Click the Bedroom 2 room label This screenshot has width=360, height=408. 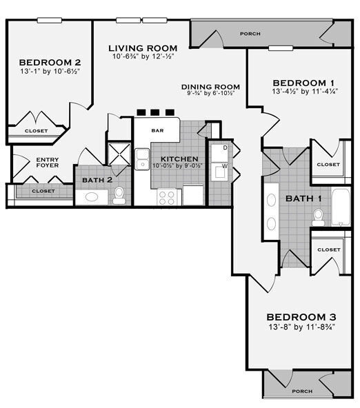click(x=46, y=59)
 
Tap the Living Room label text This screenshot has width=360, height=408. click(x=143, y=48)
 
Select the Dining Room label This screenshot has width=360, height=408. click(x=205, y=87)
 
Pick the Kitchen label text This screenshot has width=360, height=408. click(x=179, y=159)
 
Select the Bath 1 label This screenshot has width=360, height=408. click(x=304, y=198)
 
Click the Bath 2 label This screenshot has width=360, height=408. click(x=92, y=181)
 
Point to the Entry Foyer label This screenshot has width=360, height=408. click(x=48, y=163)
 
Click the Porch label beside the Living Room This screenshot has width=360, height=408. click(x=250, y=33)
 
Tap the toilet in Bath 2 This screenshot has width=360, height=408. click(x=119, y=195)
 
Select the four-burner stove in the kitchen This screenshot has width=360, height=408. click(x=167, y=196)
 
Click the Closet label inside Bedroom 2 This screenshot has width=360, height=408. click(x=37, y=130)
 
